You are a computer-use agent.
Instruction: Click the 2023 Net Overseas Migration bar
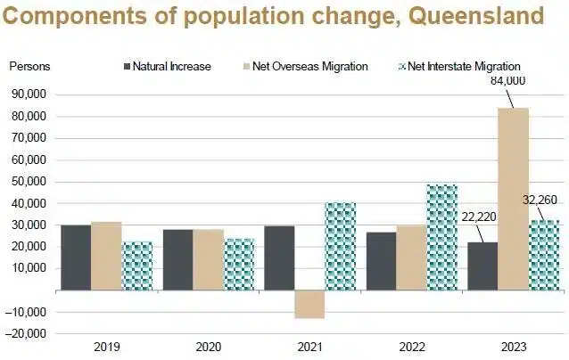pos(513,199)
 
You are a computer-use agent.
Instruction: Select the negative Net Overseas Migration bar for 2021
pos(309,304)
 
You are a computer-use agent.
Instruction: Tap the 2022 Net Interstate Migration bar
pos(441,237)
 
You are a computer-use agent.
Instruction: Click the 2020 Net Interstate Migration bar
pos(238,264)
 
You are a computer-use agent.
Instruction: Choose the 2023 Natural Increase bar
pos(482,266)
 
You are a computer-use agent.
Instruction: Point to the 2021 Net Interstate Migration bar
pos(340,246)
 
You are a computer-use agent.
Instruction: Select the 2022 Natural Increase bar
pos(380,261)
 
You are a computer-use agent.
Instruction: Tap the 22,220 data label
pos(479,215)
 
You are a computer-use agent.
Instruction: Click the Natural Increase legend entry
pos(166,66)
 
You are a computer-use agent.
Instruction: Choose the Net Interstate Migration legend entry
pos(458,66)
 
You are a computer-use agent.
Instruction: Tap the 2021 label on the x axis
pos(309,347)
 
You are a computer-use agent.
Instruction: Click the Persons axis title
pos(29,66)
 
